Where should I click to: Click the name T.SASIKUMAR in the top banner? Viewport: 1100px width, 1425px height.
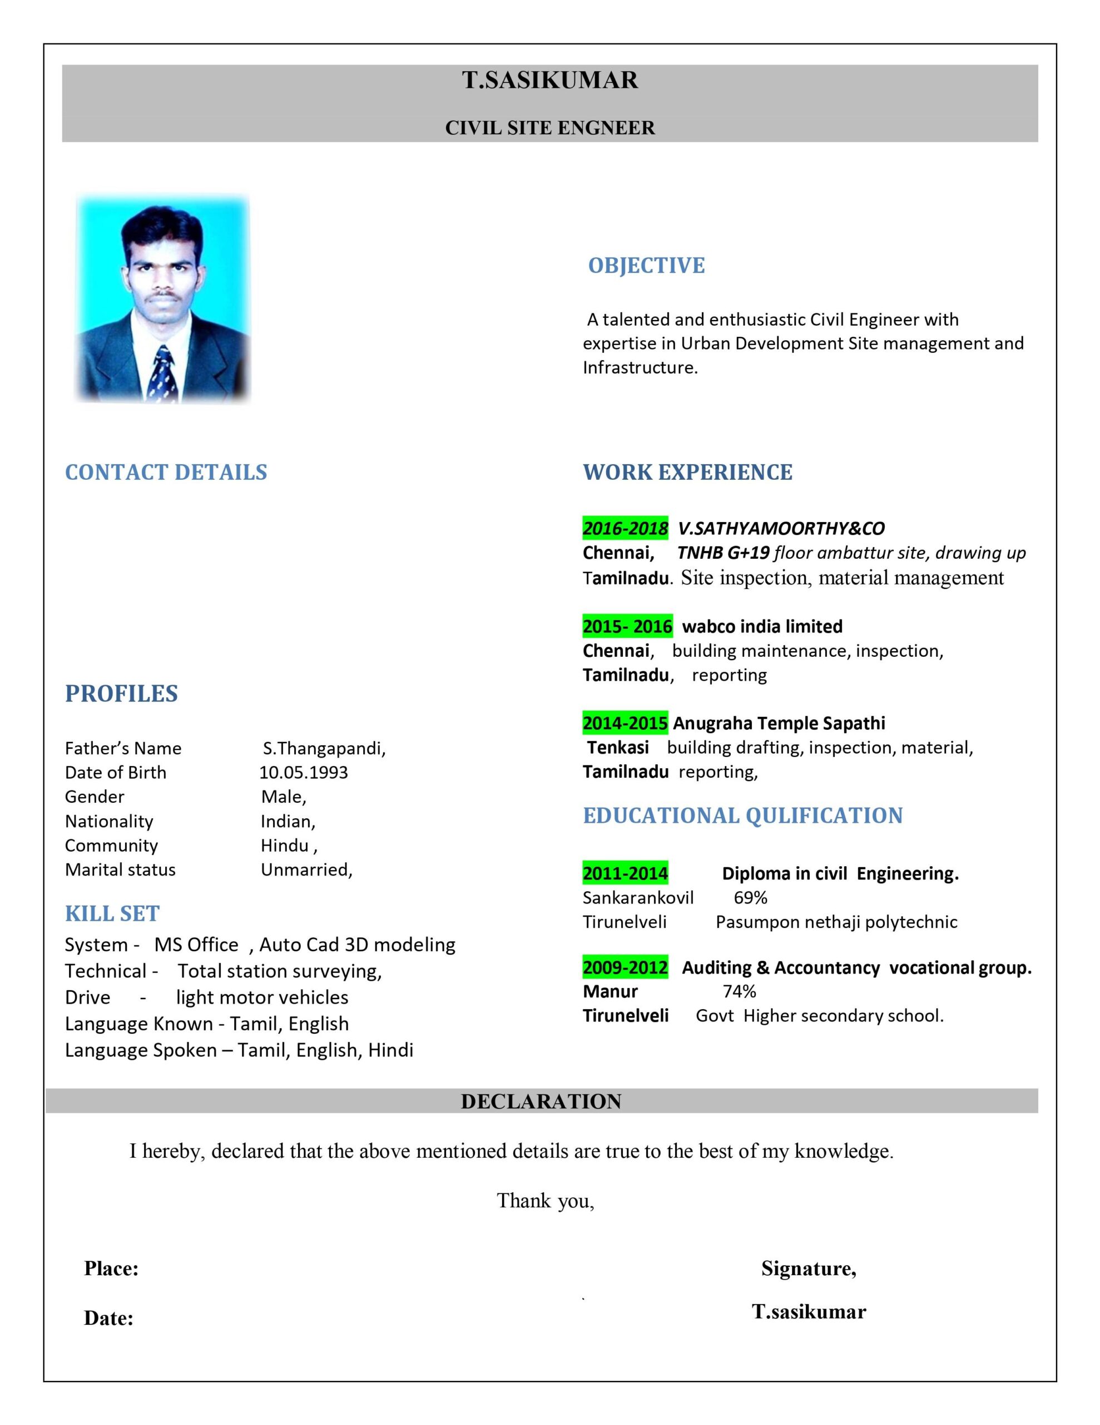[x=549, y=80]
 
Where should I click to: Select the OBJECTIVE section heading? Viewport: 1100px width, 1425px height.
[x=646, y=266]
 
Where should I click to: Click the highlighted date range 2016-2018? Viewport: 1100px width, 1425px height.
[x=625, y=528]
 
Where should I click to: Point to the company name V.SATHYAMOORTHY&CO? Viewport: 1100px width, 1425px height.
[x=780, y=528]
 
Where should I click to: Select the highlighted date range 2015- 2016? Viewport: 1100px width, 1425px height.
[x=627, y=626]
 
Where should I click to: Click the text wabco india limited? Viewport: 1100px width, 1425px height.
[x=761, y=626]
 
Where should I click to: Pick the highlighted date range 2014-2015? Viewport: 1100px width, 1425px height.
[x=625, y=723]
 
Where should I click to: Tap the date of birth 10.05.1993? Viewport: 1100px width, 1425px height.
[x=303, y=773]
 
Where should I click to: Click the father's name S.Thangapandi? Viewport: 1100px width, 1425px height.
[x=324, y=748]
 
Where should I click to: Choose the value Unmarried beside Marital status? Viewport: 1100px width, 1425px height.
[x=306, y=869]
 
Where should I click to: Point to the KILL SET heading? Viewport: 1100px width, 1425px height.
[x=112, y=913]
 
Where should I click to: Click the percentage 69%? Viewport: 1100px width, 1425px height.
[x=750, y=898]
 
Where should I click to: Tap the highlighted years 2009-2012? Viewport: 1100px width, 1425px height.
[x=625, y=967]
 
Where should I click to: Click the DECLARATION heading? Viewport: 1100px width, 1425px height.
[x=541, y=1102]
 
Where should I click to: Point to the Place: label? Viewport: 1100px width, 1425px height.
[x=111, y=1269]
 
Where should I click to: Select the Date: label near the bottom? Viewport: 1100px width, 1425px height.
[x=109, y=1318]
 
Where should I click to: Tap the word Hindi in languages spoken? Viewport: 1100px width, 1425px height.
[x=390, y=1050]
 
